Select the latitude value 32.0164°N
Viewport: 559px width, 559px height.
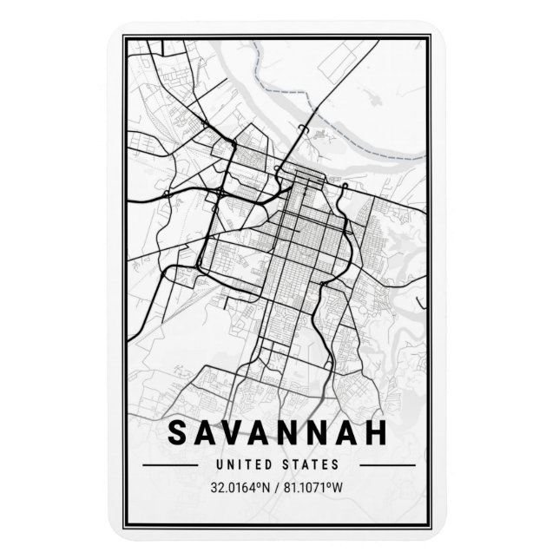(x=238, y=487)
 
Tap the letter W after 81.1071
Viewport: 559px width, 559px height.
(x=350, y=487)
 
